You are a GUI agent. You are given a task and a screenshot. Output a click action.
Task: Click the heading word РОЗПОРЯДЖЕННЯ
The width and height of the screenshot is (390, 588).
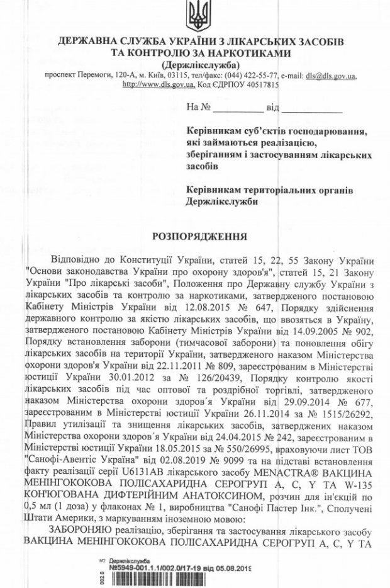[196, 235]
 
